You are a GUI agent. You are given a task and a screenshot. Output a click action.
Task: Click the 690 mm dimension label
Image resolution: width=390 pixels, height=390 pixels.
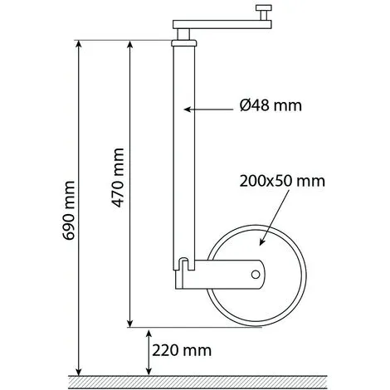tap(69, 211)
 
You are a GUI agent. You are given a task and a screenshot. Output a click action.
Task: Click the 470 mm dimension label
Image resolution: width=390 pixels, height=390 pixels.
tap(118, 178)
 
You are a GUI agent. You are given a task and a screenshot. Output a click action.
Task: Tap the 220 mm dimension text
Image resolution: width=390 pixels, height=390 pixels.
tap(182, 350)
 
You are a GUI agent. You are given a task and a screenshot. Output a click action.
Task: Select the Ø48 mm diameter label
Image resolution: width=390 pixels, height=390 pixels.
tap(271, 105)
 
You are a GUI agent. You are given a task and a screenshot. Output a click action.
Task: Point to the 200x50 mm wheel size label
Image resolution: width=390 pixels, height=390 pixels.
tap(282, 181)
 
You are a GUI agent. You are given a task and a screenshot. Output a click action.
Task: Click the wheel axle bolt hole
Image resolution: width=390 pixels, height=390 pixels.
tap(256, 275)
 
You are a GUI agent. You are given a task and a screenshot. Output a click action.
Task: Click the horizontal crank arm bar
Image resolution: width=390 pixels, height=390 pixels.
tap(222, 24)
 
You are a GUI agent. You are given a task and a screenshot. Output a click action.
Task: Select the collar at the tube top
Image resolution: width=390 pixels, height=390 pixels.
tap(184, 43)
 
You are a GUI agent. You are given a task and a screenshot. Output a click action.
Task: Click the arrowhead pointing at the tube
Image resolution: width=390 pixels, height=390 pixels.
tap(188, 110)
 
